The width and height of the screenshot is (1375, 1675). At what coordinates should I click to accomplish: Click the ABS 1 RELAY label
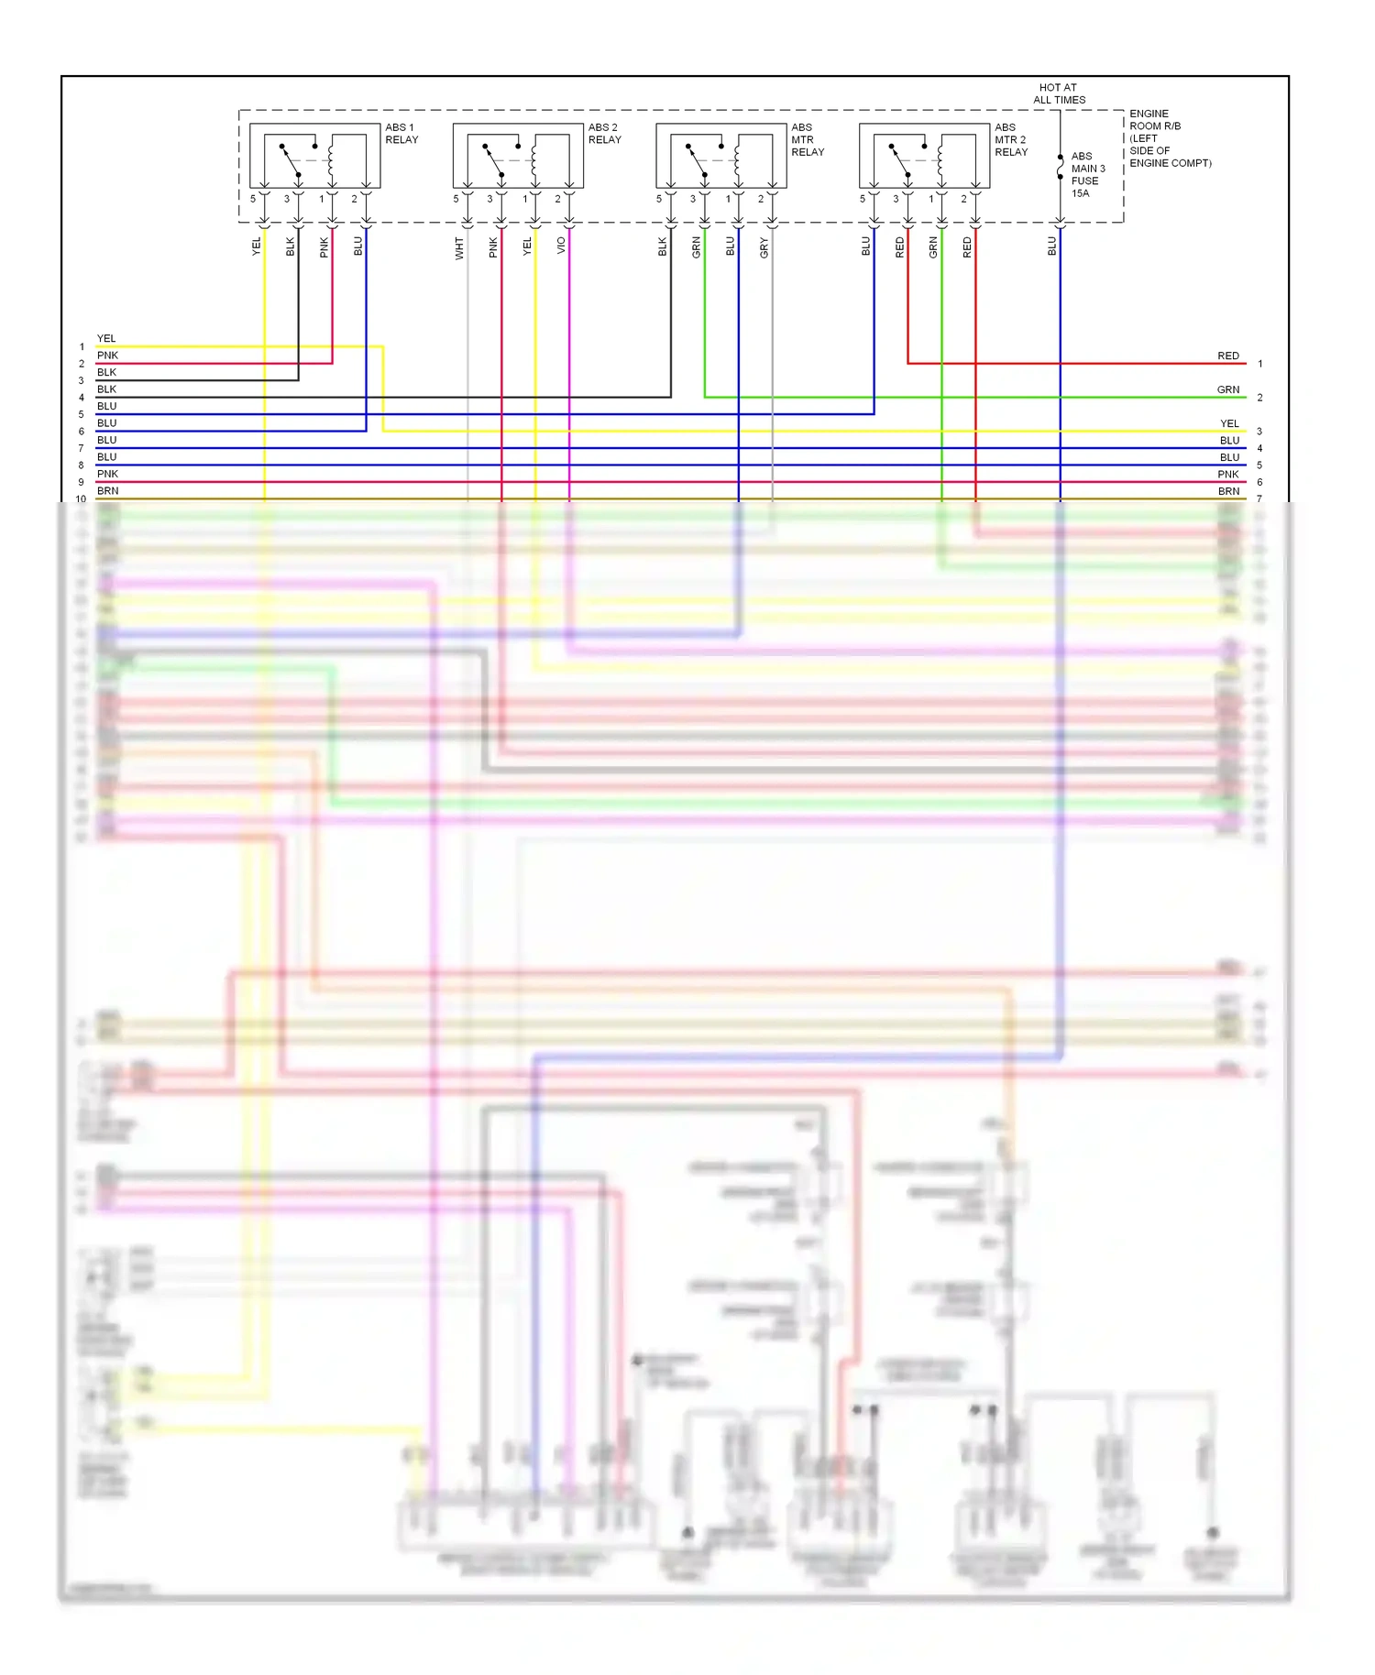click(401, 134)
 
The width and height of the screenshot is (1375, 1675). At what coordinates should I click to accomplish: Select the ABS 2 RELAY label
click(604, 134)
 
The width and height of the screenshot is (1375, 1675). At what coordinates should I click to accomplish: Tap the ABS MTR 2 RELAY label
click(1010, 140)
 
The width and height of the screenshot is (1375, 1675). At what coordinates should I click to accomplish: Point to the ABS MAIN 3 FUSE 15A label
click(1087, 174)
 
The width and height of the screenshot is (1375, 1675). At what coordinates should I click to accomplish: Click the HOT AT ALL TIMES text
click(1059, 93)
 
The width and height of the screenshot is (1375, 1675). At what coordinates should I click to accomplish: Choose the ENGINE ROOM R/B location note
click(1169, 138)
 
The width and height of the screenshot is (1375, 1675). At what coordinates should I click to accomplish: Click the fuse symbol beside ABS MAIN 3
click(1061, 167)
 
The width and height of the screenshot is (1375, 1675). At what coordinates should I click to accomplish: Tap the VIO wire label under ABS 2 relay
click(561, 246)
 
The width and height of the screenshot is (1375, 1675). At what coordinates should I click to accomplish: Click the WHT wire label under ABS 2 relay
click(459, 247)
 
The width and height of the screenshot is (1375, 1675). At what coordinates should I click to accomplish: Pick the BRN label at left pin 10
click(107, 491)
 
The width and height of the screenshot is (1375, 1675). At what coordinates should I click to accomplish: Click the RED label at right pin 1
click(1227, 356)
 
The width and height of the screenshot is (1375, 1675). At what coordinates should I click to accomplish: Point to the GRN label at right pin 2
click(1227, 389)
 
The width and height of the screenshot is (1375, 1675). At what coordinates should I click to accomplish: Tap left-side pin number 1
click(82, 347)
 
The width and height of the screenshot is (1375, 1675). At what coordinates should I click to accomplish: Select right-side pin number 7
click(1259, 499)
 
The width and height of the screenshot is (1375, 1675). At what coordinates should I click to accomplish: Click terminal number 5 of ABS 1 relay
click(253, 199)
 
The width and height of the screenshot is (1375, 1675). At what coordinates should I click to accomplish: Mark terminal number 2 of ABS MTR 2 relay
click(963, 199)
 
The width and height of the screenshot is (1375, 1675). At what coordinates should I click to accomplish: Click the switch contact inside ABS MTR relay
click(697, 159)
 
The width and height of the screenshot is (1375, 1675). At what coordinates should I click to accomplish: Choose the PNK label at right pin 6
click(1227, 475)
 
